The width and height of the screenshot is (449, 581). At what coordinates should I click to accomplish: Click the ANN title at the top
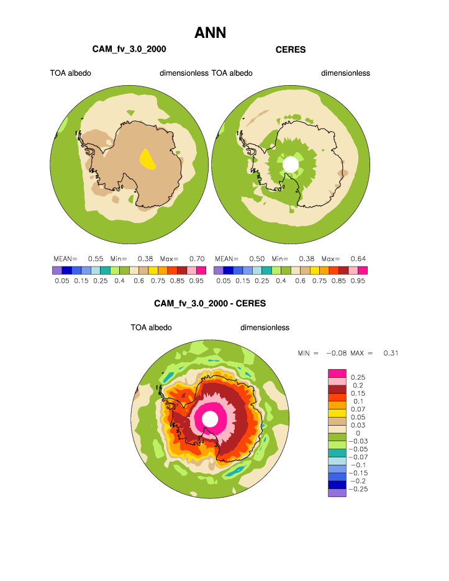pos(210,32)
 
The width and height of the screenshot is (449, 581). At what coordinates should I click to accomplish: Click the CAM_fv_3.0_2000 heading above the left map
pos(129,49)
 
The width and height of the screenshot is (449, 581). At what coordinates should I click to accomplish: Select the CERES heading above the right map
pos(291,50)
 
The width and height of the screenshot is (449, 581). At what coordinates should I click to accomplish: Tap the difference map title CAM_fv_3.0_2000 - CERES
pos(210,304)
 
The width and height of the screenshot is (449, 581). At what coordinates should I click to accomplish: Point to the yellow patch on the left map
pos(147,158)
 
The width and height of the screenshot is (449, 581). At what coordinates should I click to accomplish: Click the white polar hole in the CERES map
pos(290,165)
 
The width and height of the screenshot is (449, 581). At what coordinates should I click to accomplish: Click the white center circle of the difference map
pos(210,419)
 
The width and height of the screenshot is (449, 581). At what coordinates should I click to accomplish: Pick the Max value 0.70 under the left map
pos(196,258)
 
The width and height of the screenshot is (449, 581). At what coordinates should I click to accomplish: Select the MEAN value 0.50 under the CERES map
pos(256,258)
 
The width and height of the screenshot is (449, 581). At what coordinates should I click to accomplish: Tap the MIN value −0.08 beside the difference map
pos(336,354)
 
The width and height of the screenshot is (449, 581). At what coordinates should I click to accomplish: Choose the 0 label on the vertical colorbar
pos(357,433)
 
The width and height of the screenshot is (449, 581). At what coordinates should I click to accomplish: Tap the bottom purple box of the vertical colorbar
pos(337,493)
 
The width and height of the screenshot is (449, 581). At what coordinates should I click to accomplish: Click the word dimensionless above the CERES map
pos(345,73)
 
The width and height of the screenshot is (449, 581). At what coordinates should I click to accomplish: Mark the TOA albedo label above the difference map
pos(151,327)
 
